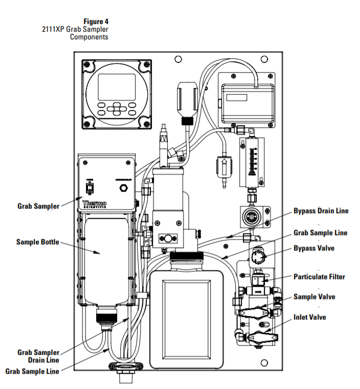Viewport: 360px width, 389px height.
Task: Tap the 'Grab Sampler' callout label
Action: coord(38,206)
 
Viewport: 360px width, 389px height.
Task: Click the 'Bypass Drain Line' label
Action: coord(321,211)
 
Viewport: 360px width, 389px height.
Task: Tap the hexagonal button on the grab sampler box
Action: coord(123,188)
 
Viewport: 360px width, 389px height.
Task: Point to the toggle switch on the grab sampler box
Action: coord(90,188)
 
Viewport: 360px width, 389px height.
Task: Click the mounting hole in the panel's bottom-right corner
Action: coord(264,363)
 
